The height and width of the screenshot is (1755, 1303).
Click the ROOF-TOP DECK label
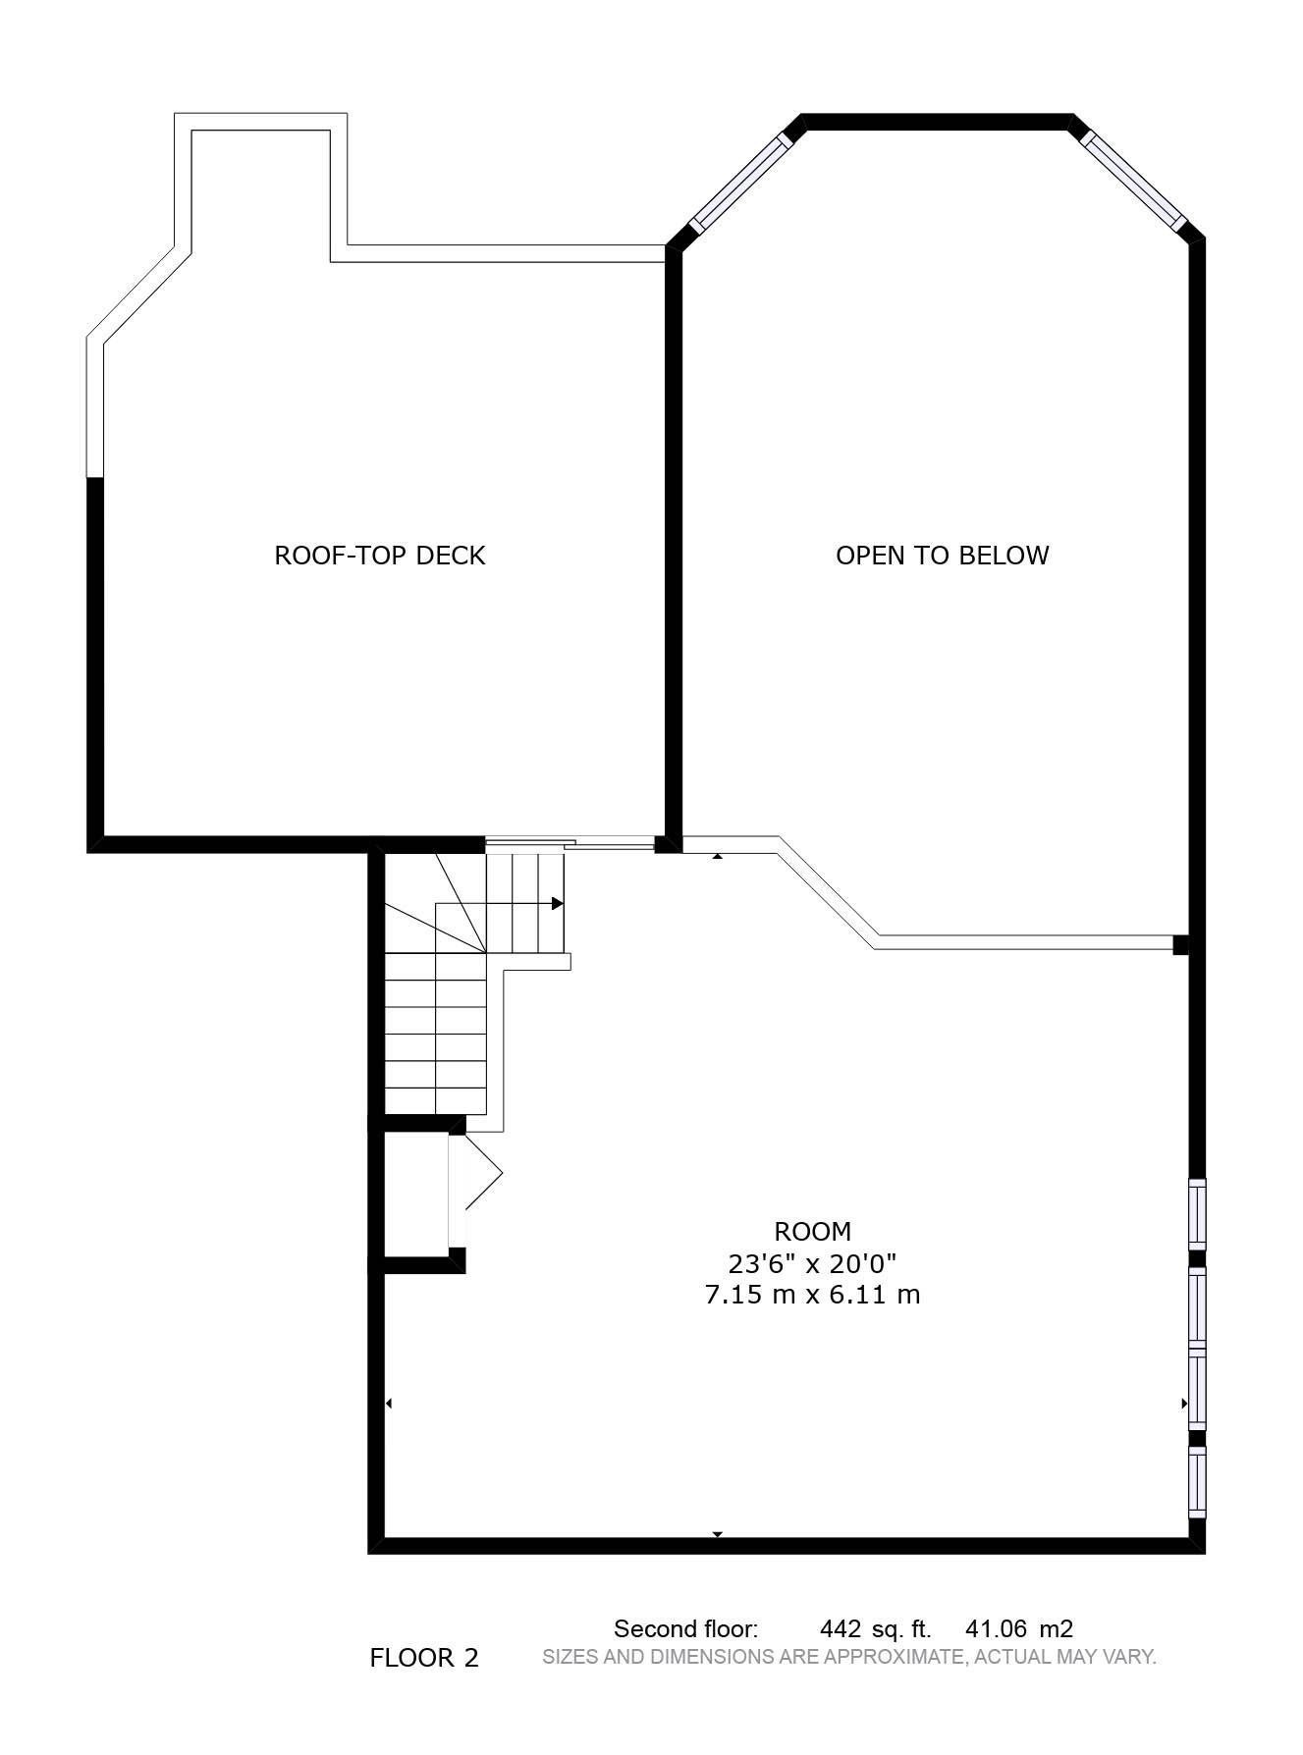pyautogui.click(x=379, y=556)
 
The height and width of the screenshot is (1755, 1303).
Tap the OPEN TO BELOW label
pyautogui.click(x=942, y=556)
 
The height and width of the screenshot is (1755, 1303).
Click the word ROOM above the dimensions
pyautogui.click(x=812, y=1231)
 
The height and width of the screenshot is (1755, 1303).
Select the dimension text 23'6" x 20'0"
pyautogui.click(x=812, y=1262)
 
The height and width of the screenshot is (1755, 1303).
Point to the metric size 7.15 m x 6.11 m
pyautogui.click(x=812, y=1294)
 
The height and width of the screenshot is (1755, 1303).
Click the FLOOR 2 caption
pyautogui.click(x=424, y=1658)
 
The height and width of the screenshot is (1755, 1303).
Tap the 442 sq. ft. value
pyautogui.click(x=875, y=1629)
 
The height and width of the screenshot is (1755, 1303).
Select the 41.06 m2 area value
pyautogui.click(x=1019, y=1629)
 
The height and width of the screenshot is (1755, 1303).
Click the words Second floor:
pyautogui.click(x=685, y=1629)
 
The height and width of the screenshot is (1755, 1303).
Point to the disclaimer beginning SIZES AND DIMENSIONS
pyautogui.click(x=849, y=1657)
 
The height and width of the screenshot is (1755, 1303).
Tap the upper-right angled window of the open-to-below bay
pyautogui.click(x=1133, y=179)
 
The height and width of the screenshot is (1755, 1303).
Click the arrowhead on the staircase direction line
pyautogui.click(x=558, y=904)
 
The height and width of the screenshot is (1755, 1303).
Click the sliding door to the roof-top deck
pyautogui.click(x=570, y=842)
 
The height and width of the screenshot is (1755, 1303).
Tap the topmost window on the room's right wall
pyautogui.click(x=1197, y=1215)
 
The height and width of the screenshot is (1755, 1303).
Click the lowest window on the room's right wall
pyautogui.click(x=1197, y=1481)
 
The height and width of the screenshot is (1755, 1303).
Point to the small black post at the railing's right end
pyautogui.click(x=1181, y=945)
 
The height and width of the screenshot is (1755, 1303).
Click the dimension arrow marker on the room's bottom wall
pyautogui.click(x=718, y=1533)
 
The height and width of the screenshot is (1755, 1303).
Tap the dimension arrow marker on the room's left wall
pyautogui.click(x=389, y=1404)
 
